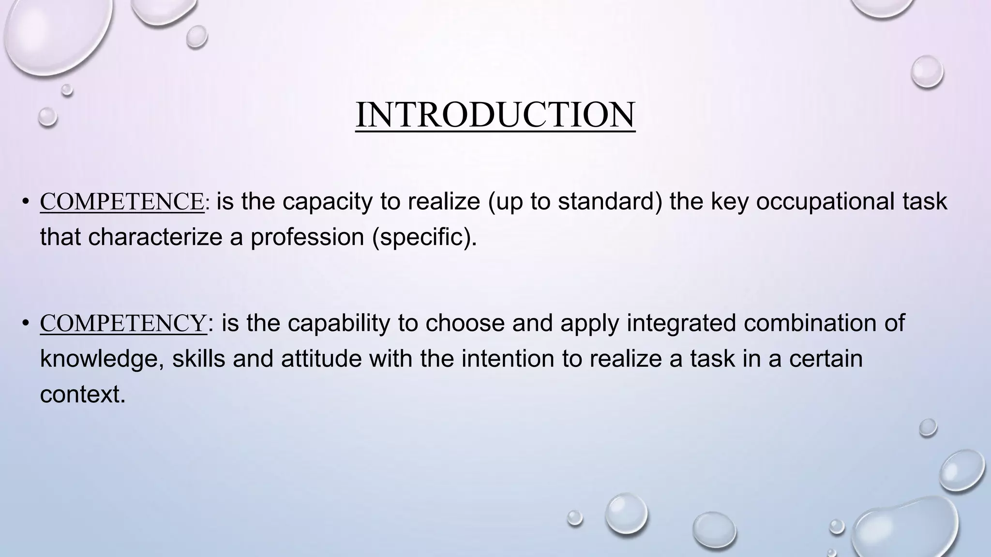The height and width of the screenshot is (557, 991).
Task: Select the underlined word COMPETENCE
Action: pos(122,202)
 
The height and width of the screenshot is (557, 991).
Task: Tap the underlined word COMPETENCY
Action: pos(123,323)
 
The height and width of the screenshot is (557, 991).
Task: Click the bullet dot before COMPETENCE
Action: pos(25,202)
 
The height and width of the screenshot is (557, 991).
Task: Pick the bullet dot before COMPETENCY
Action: pos(25,323)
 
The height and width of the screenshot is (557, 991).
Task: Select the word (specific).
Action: pos(424,237)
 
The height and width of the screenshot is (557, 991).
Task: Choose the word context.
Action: pos(82,395)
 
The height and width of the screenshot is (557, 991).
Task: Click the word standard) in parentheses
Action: pos(610,202)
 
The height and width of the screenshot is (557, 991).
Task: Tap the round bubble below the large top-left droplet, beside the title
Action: pos(47,117)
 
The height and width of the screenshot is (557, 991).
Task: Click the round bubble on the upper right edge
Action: pos(927,72)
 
